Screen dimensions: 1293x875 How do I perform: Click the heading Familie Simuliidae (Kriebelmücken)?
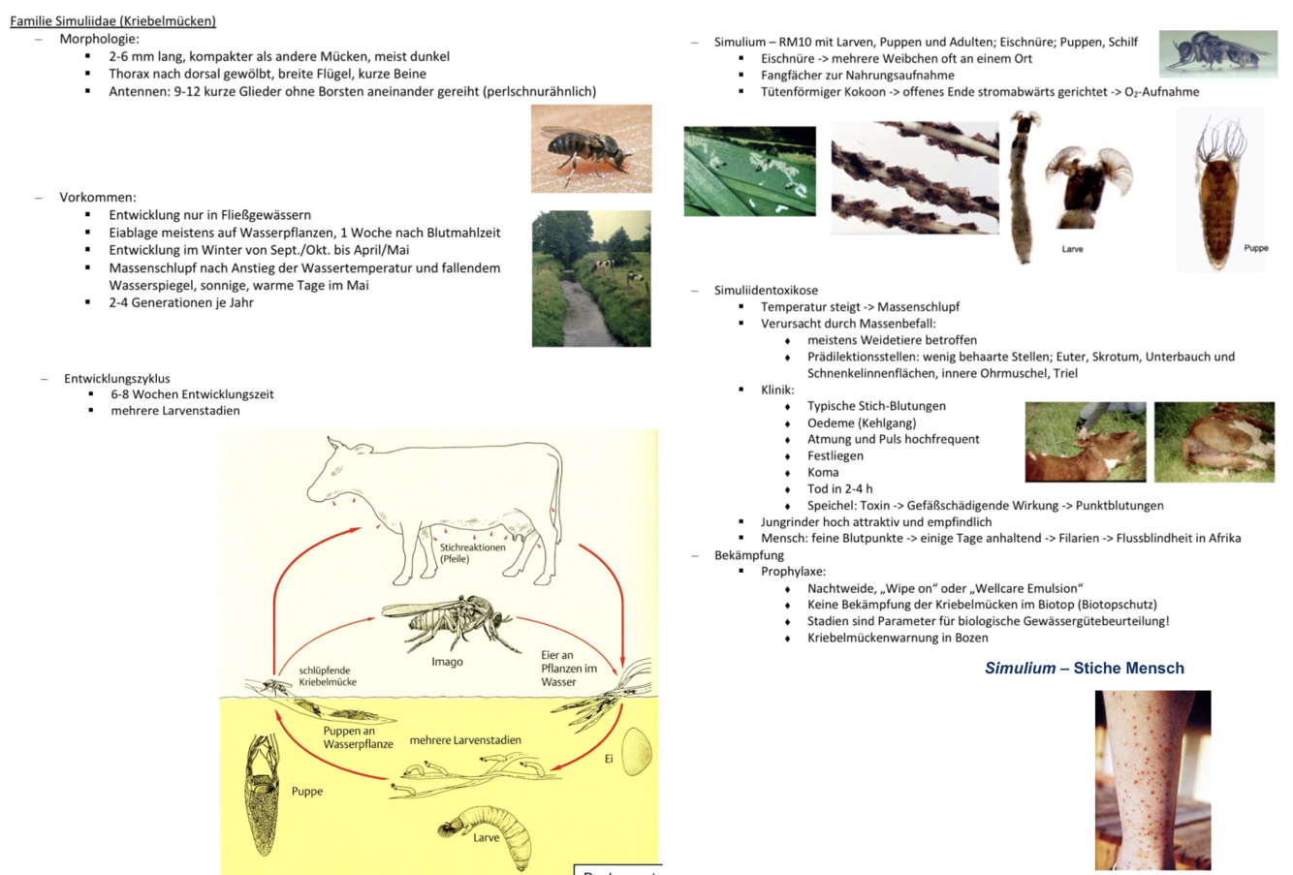pyautogui.click(x=112, y=20)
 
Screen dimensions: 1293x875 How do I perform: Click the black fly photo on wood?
pyautogui.click(x=590, y=148)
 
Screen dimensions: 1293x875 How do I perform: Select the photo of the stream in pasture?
pyautogui.click(x=590, y=279)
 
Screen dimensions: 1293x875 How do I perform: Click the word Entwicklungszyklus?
pyautogui.click(x=116, y=378)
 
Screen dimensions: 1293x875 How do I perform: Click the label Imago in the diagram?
pyautogui.click(x=447, y=662)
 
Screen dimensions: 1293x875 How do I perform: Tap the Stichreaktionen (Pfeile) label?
pyautogui.click(x=472, y=552)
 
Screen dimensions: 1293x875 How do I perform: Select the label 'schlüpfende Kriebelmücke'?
pyautogui.click(x=327, y=675)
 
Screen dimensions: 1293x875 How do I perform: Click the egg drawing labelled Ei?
pyautogui.click(x=636, y=752)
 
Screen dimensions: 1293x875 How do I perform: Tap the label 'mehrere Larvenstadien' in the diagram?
pyautogui.click(x=465, y=740)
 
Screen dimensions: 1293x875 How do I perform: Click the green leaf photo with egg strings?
pyautogui.click(x=749, y=171)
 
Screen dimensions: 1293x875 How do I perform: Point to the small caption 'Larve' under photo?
pyautogui.click(x=1072, y=249)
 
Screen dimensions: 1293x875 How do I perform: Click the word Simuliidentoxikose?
pyautogui.click(x=766, y=290)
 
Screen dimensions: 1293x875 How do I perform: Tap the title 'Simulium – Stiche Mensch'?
pyautogui.click(x=1084, y=668)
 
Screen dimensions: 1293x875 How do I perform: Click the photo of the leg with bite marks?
pyautogui.click(x=1152, y=779)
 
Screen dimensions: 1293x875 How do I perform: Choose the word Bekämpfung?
pyautogui.click(x=748, y=555)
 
